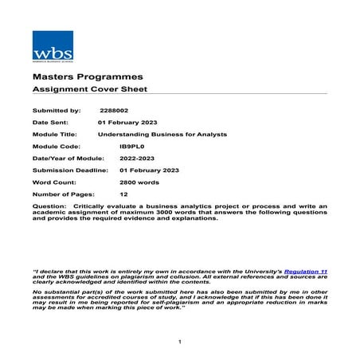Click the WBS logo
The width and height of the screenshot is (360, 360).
[x=52, y=45]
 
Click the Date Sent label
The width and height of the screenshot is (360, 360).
[x=50, y=123]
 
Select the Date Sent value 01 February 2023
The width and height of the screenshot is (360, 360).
[x=127, y=123]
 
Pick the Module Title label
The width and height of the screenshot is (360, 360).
[x=55, y=135]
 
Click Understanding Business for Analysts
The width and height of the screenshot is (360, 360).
[x=162, y=135]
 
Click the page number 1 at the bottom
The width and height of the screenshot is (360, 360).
[x=181, y=342]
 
